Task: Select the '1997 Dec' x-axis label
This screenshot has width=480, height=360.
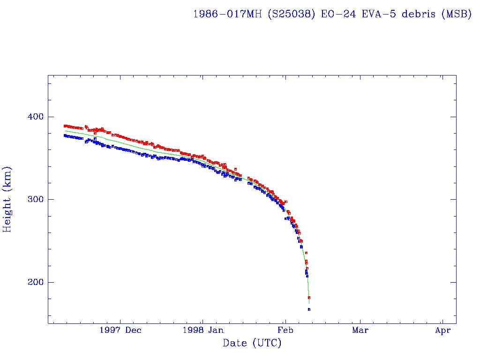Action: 120,330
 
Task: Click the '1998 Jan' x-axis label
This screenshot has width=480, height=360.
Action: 202,330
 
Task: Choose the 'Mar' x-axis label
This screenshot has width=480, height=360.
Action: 360,330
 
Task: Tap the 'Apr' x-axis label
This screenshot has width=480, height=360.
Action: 442,330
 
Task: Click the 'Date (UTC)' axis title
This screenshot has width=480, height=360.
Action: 252,344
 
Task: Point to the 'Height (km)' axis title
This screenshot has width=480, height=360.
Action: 7,199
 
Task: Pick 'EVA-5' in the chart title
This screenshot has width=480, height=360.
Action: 379,14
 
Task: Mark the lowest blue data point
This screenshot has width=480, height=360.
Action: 309,309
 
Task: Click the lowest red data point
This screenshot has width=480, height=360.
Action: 309,298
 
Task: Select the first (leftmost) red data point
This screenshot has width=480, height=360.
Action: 65,126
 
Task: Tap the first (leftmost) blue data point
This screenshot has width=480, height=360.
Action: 65,135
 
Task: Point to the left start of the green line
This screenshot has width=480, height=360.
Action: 65,131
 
